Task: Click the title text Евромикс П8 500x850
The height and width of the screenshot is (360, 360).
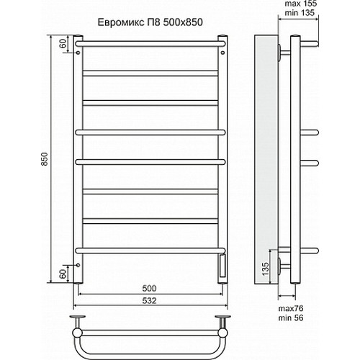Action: pyautogui.click(x=150, y=22)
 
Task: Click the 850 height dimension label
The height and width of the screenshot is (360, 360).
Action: pyautogui.click(x=45, y=159)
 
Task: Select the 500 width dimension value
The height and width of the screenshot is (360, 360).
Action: pyautogui.click(x=149, y=288)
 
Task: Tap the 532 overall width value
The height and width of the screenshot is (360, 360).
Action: pyautogui.click(x=149, y=300)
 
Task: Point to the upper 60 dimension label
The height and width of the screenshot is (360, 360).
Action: pyautogui.click(x=63, y=44)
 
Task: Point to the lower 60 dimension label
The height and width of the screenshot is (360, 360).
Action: pyautogui.click(x=63, y=274)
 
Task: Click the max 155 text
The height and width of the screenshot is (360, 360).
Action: pyautogui.click(x=301, y=4)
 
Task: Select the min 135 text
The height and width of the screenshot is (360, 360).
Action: pyautogui.click(x=300, y=12)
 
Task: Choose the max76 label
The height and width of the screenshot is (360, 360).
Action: pyautogui.click(x=291, y=308)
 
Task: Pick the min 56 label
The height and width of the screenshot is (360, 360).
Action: pyautogui.click(x=291, y=318)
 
